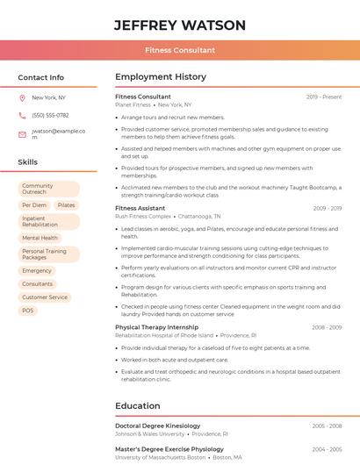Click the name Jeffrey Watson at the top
pos(179,25)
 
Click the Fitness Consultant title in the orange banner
pos(179,50)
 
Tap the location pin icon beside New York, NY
pos(22,97)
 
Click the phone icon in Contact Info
pos(22,116)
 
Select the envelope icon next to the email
pos(22,134)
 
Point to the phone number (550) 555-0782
pos(50,116)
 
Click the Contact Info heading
pos(40,77)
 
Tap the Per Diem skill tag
pos(33,205)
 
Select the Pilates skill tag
pos(66,205)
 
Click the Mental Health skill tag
pos(40,238)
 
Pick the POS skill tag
pos(28,311)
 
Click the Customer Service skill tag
pos(45,297)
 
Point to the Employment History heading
pos(160,77)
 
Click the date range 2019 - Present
pos(324,97)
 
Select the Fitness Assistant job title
pos(140,208)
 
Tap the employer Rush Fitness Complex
pos(143,216)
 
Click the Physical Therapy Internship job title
pos(156,327)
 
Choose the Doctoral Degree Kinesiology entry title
pos(157,426)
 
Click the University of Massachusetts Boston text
pos(160,457)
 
